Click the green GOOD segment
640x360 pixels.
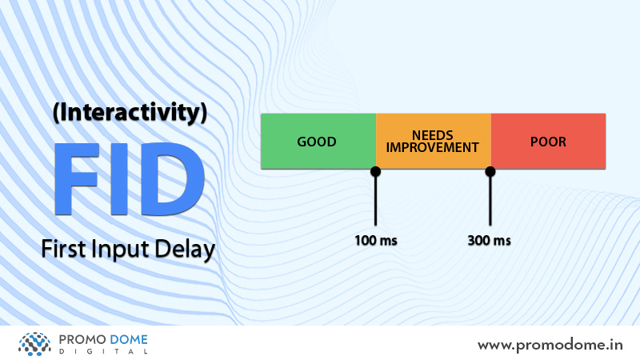point(318,142)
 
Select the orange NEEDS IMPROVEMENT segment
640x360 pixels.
point(434,142)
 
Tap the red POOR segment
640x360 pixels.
point(548,142)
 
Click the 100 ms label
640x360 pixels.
point(376,241)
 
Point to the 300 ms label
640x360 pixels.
point(490,241)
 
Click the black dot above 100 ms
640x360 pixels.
point(375,172)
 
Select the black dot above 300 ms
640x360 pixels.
point(490,172)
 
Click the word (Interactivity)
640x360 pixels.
point(130,113)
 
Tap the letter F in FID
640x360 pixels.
point(77,178)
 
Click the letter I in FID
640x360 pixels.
point(118,178)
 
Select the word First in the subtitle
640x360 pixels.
point(64,249)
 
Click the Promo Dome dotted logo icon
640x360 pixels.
point(34,344)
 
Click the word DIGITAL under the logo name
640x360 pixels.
point(103,351)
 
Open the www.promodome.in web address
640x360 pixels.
point(550,346)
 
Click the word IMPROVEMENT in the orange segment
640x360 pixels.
point(432,147)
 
